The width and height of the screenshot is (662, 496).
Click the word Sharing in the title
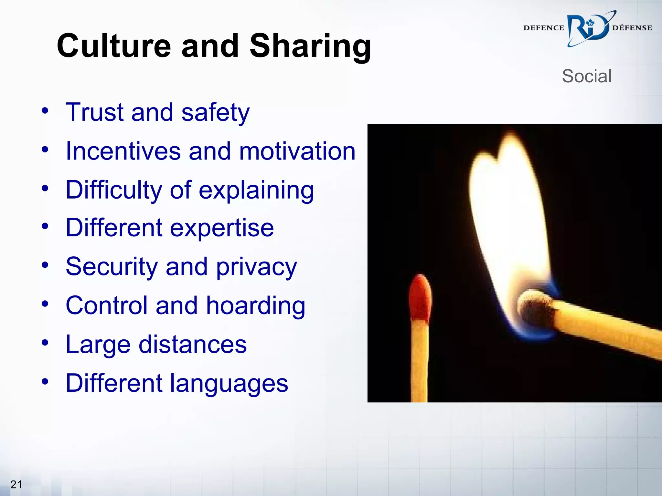(310, 46)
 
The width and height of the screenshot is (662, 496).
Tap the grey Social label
(586, 76)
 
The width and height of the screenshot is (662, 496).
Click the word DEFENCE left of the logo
(543, 28)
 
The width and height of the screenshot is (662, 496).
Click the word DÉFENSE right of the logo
(632, 28)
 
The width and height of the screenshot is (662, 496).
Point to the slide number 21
(16, 484)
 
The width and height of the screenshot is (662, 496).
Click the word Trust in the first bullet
(94, 112)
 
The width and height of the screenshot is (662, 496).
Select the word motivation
(297, 151)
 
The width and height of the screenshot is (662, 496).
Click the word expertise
(222, 228)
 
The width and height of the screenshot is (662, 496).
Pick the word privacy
(256, 267)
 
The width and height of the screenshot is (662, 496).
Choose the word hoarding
(255, 305)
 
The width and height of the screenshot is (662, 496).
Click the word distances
(193, 345)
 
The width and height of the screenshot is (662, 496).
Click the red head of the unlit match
(420, 299)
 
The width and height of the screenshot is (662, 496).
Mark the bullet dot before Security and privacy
(45, 265)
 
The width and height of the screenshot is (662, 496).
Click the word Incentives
(123, 151)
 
